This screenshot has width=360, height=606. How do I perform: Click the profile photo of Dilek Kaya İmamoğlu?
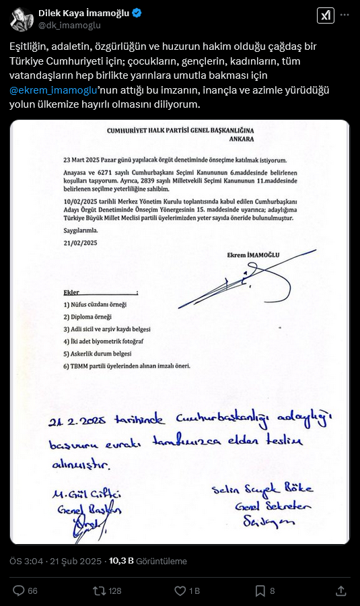pyautogui.click(x=22, y=18)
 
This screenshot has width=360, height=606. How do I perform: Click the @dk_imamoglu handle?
pyautogui.click(x=69, y=25)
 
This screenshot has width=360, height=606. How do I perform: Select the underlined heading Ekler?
pyautogui.click(x=72, y=292)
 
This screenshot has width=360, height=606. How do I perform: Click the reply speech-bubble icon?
pyautogui.click(x=18, y=591)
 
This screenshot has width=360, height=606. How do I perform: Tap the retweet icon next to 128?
pyautogui.click(x=99, y=591)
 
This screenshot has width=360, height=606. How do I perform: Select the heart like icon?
pyautogui.click(x=180, y=591)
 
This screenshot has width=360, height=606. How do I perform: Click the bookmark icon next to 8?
pyautogui.click(x=260, y=591)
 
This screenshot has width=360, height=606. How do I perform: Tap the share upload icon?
pyautogui.click(x=341, y=591)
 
